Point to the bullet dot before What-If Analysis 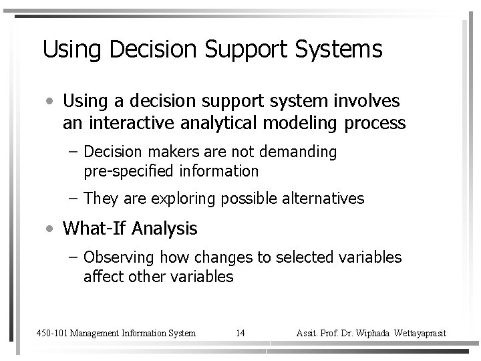pyautogui.click(x=51, y=229)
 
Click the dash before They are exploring pyautogui.click(x=73, y=199)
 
